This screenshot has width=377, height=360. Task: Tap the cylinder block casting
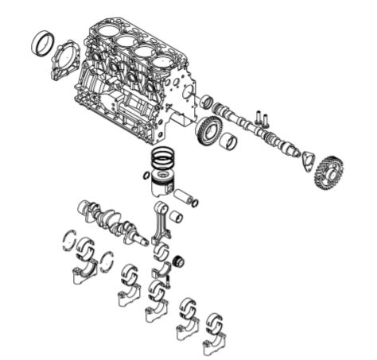pyautogui.click(x=131, y=75)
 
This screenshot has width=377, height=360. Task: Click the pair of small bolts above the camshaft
pyautogui.click(x=262, y=118)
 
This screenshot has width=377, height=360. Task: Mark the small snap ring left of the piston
pyautogui.click(x=146, y=175)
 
